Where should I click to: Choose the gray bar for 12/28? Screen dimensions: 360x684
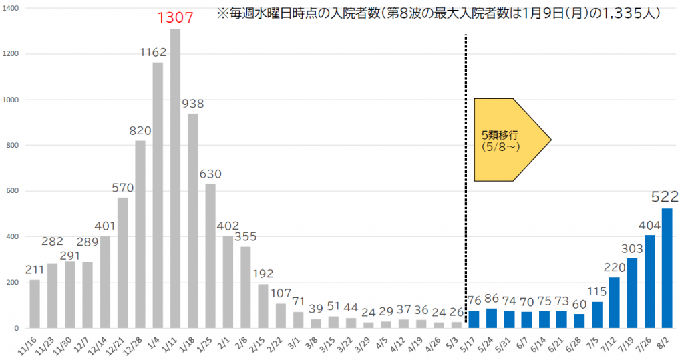click(x=140, y=234)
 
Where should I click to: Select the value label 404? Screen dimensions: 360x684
click(x=649, y=226)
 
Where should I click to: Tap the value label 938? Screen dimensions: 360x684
click(x=192, y=104)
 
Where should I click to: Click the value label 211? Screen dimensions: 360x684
click(x=35, y=271)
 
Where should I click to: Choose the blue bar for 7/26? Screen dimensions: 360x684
click(x=649, y=281)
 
